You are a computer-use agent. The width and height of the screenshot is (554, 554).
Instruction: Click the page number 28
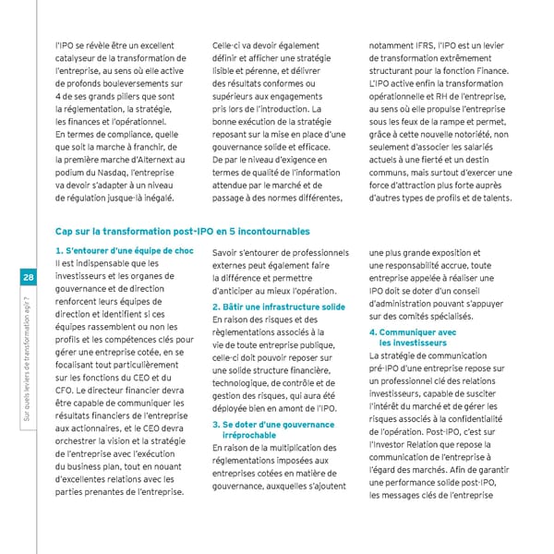pos(29,279)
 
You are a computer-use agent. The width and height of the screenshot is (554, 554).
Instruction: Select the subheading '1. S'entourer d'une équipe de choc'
pos(125,251)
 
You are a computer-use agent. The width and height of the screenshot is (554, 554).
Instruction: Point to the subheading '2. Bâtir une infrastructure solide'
pos(279,306)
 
